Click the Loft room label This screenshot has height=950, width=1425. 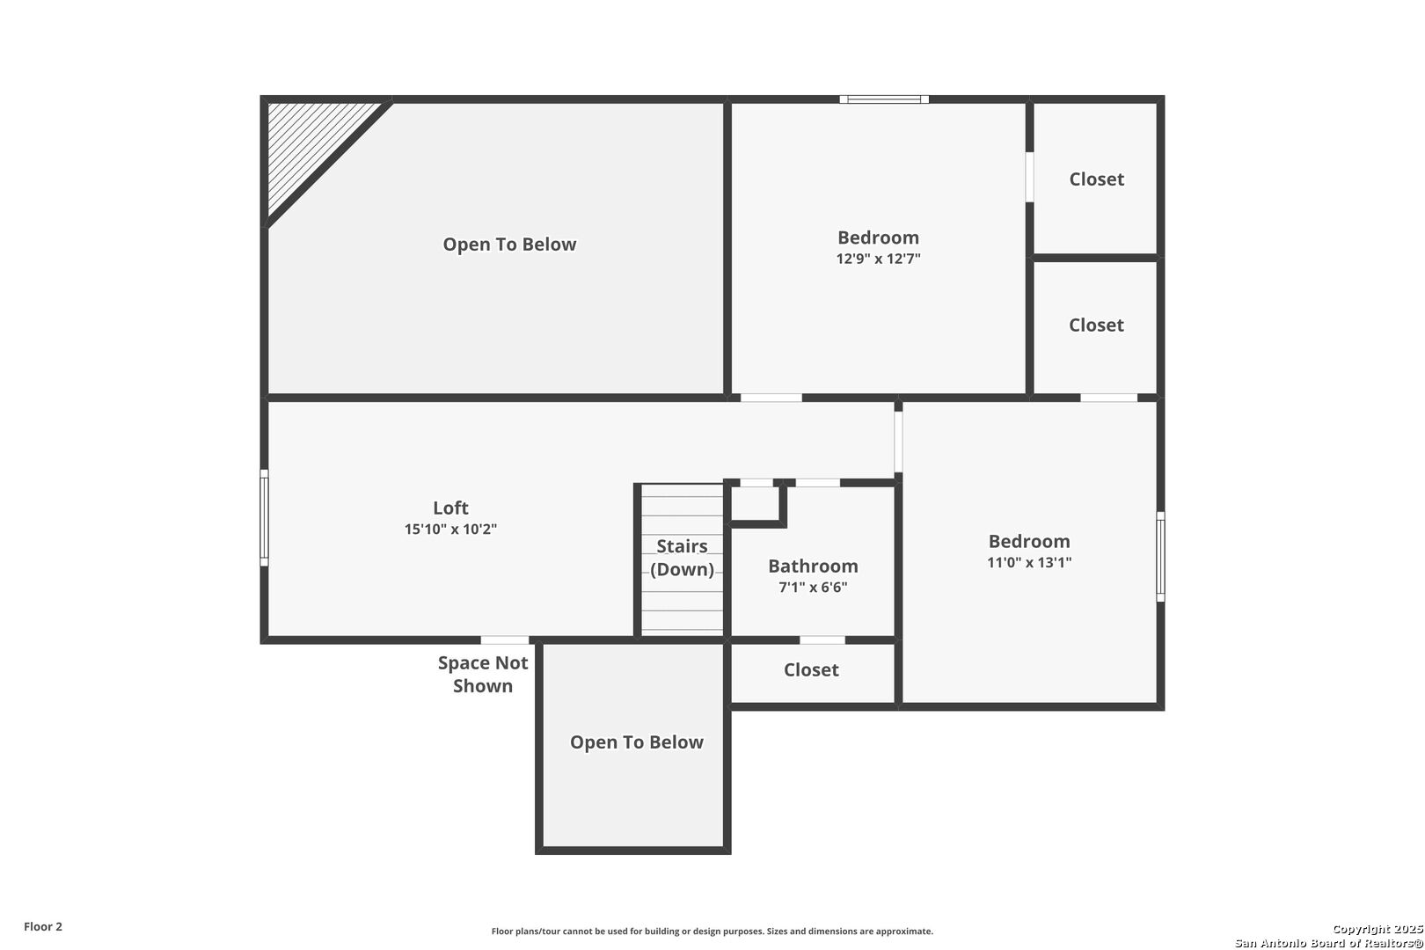(450, 508)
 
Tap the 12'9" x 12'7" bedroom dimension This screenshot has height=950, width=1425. (878, 259)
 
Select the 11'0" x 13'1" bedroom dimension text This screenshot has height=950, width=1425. (1028, 562)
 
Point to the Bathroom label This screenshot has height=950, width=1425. (813, 566)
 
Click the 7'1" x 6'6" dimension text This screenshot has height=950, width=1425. (813, 587)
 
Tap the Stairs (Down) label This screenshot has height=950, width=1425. (682, 558)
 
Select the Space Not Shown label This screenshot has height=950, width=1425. (482, 674)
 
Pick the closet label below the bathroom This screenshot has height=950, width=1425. (810, 669)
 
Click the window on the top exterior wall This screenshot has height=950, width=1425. (884, 99)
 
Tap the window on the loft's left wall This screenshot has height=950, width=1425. (264, 517)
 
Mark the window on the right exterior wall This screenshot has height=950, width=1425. (1160, 556)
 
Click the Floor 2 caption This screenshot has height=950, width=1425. (42, 926)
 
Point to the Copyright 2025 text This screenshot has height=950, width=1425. (1377, 929)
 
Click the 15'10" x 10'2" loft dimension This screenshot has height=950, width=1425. (450, 529)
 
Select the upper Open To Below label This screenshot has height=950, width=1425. (509, 245)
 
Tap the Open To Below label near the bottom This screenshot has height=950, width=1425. (636, 742)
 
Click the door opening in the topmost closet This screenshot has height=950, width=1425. (1029, 177)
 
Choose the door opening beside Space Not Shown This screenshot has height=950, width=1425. (505, 640)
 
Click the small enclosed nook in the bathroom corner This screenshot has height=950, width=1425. (755, 504)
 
